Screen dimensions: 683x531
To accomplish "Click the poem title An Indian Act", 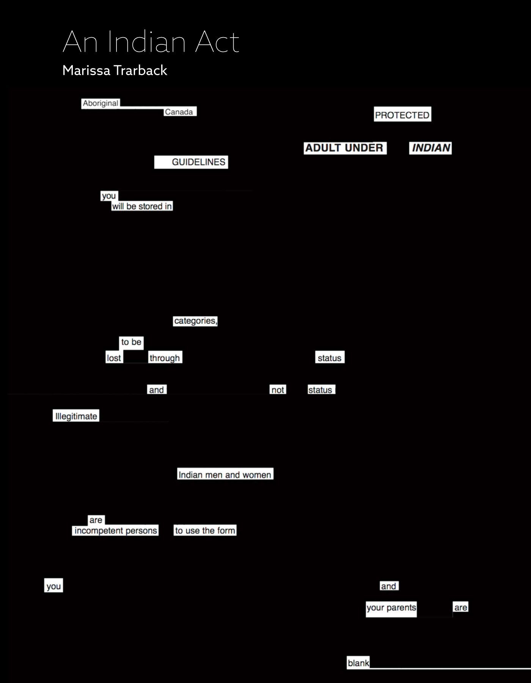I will [x=151, y=41].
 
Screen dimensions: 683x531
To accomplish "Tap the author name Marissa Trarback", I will [x=115, y=71].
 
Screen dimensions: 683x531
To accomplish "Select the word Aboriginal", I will [x=101, y=103].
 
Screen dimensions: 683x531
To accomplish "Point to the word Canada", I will [x=179, y=112].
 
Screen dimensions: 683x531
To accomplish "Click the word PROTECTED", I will [x=402, y=115].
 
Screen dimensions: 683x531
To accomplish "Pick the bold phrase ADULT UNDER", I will [x=344, y=148].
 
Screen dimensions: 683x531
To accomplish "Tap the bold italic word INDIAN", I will [x=431, y=148].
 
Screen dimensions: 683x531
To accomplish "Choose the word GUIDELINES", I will [x=198, y=162].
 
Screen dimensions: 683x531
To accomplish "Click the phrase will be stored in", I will [x=142, y=206].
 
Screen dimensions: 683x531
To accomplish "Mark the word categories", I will [x=195, y=321].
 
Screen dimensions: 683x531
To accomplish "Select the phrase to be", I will [x=131, y=342].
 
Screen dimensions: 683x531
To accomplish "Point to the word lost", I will [x=114, y=358].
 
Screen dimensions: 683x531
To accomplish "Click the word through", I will [x=165, y=358].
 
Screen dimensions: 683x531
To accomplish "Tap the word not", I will [x=278, y=390].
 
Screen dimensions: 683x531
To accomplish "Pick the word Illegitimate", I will [x=76, y=416].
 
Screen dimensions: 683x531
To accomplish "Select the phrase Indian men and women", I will [x=225, y=475].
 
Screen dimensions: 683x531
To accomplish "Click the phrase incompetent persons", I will [x=116, y=530].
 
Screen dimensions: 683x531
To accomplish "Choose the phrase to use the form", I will [x=205, y=530].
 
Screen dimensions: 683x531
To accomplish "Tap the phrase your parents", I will [x=391, y=608].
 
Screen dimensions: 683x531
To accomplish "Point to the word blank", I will [x=358, y=663].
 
